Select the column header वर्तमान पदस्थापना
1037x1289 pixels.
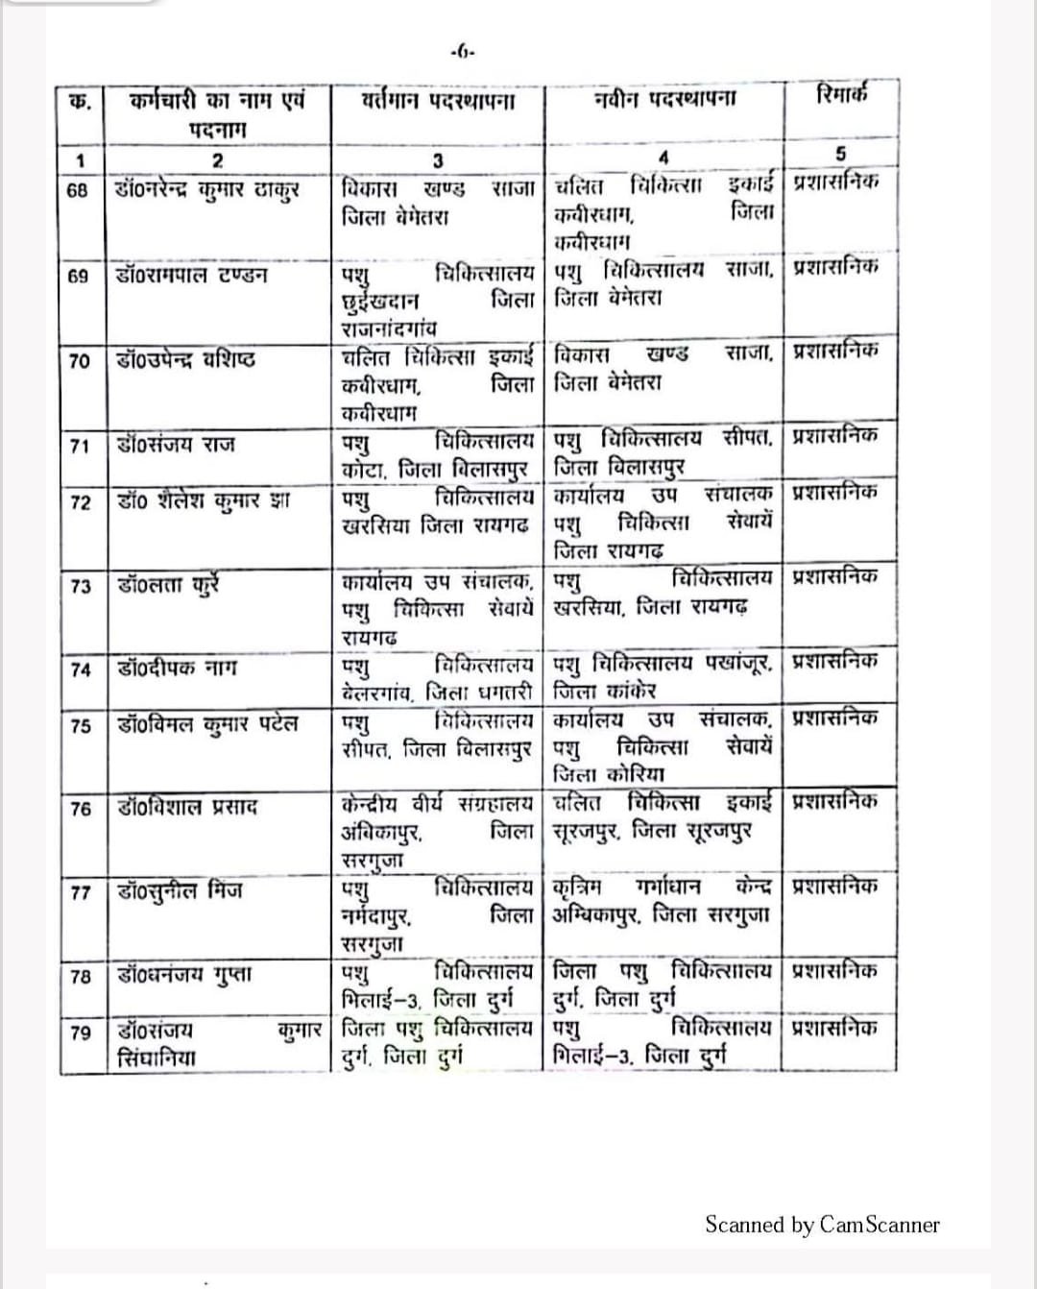point(438,101)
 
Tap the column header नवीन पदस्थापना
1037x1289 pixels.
point(664,99)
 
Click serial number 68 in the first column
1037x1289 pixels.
point(78,190)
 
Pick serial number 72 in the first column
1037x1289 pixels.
point(81,502)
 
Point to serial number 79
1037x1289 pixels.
point(82,1033)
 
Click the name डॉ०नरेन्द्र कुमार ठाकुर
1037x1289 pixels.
point(206,188)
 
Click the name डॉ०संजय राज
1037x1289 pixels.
point(175,445)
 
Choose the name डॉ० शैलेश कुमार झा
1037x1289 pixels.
point(203,501)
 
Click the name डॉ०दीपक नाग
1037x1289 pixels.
point(176,668)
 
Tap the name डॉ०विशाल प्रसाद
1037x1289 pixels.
point(187,807)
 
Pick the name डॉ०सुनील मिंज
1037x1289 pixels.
point(180,891)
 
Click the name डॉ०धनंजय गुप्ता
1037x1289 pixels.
point(183,975)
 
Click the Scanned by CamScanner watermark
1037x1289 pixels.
point(822,1225)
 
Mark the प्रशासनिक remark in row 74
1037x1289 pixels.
point(834,662)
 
